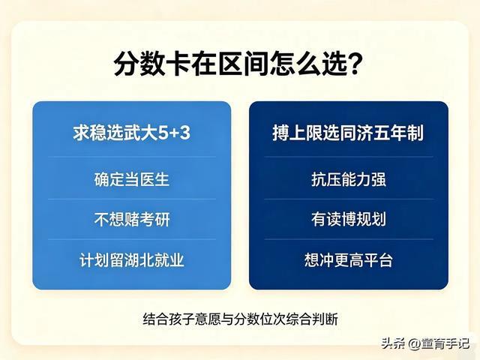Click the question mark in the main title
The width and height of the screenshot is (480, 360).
pyautogui.click(x=354, y=63)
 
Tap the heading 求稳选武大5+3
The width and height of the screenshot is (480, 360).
pyautogui.click(x=132, y=133)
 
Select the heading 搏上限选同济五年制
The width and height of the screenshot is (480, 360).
pyautogui.click(x=348, y=133)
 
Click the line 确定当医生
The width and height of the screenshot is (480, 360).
pyautogui.click(x=132, y=179)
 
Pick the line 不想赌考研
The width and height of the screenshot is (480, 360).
pyautogui.click(x=132, y=220)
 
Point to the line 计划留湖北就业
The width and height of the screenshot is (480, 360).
pyautogui.click(x=132, y=260)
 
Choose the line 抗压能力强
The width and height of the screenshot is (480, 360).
pyautogui.click(x=349, y=179)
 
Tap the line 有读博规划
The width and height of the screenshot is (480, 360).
pyautogui.click(x=349, y=220)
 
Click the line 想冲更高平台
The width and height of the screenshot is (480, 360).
pyautogui.click(x=349, y=260)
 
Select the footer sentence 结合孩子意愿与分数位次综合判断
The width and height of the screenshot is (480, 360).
pyautogui.click(x=241, y=319)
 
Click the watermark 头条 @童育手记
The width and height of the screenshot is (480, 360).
pyautogui.click(x=425, y=343)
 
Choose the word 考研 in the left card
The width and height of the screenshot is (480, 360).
pyautogui.click(x=154, y=220)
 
